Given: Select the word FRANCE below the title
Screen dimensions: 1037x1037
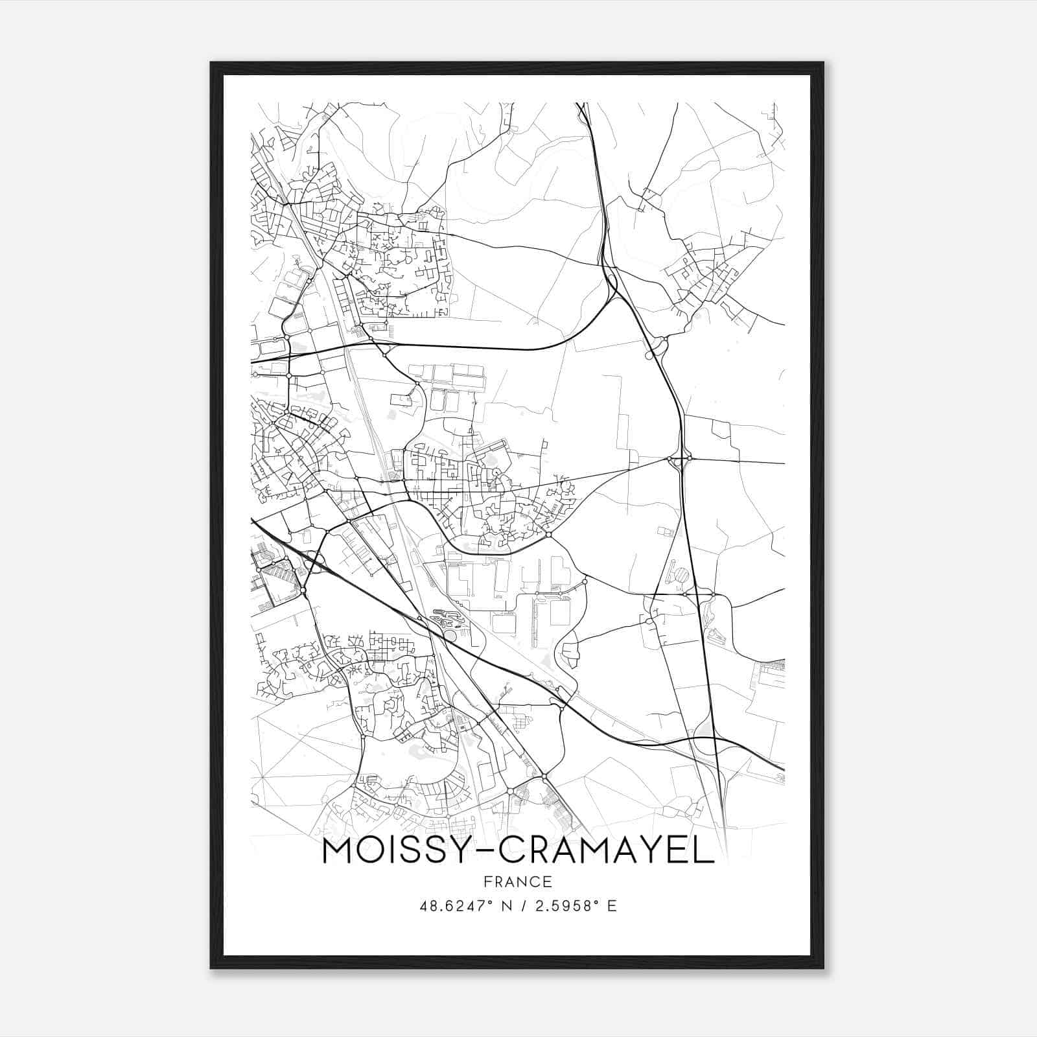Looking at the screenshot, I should click(x=518, y=882).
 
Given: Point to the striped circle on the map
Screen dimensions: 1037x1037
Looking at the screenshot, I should click(x=682, y=574).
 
